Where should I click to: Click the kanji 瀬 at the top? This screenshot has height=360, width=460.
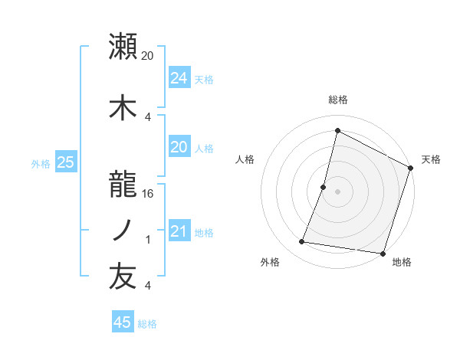[x=123, y=47]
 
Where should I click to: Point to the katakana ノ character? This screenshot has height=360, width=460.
[x=123, y=231]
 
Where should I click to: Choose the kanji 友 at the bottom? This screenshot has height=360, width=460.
[x=123, y=277]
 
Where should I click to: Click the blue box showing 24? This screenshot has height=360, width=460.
[x=179, y=78]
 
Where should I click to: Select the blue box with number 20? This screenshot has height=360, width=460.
[x=179, y=148]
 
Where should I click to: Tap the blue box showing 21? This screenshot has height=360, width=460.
[x=179, y=231]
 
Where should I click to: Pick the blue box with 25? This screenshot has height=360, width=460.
[x=65, y=162]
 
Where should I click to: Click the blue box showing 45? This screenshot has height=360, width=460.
[x=123, y=322]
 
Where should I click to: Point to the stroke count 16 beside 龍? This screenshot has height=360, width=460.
[x=148, y=195]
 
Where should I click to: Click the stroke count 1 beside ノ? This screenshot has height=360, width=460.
[x=148, y=240]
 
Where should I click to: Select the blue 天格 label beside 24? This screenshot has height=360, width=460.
[x=204, y=79]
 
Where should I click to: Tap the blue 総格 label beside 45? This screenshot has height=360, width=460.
[x=147, y=324]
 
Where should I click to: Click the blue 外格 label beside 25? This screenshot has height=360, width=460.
[x=40, y=163]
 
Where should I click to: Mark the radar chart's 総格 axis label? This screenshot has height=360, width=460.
[x=337, y=100]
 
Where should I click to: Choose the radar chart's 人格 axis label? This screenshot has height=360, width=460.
[x=245, y=159]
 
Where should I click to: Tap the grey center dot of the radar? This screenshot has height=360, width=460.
[x=337, y=191]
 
